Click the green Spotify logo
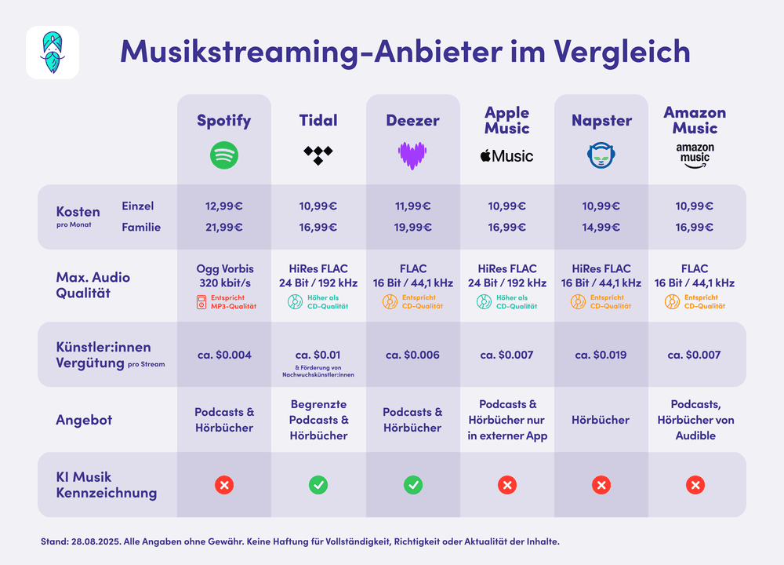(224, 155)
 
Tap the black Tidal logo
(318, 155)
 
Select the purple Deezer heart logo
(412, 155)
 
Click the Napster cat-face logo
(601, 155)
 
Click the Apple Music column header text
(506, 120)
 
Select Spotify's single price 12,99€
(224, 206)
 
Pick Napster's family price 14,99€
(601, 228)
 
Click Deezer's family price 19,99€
(412, 228)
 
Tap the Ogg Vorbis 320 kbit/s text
(224, 275)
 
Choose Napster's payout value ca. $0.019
(601, 355)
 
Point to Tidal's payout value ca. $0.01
(318, 355)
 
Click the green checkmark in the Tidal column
(318, 485)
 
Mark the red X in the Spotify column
(224, 485)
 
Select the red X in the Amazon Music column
(695, 485)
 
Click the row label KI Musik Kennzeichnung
(106, 485)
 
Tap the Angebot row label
(84, 420)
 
